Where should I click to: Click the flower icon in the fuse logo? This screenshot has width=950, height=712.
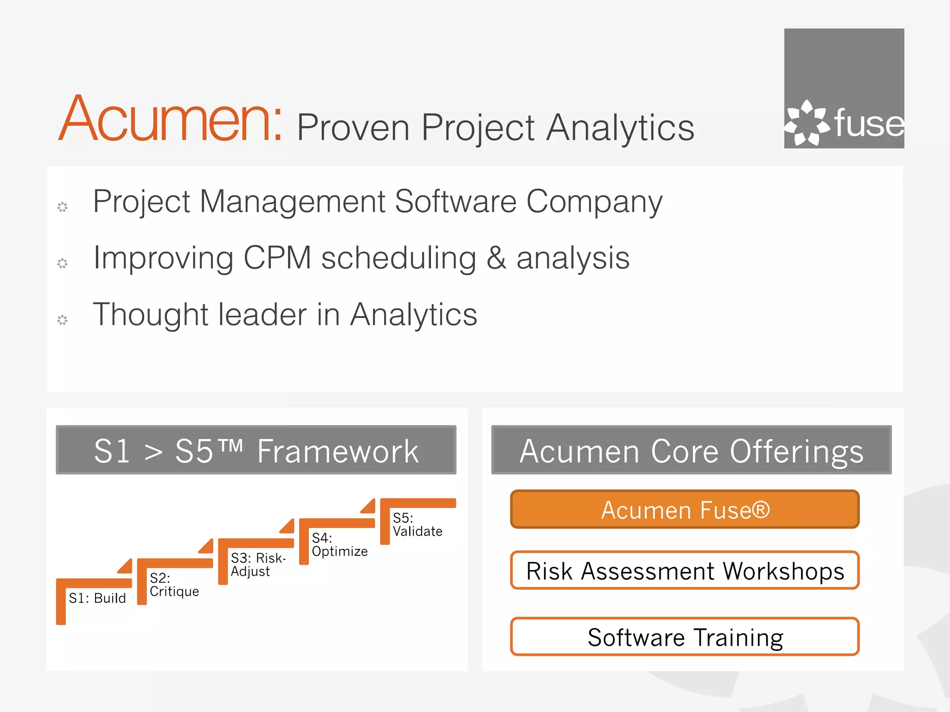(x=807, y=123)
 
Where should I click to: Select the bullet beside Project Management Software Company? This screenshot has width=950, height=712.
(x=62, y=207)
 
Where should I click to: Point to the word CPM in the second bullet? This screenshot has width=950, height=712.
(x=277, y=258)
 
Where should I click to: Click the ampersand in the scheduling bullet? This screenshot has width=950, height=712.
(x=496, y=259)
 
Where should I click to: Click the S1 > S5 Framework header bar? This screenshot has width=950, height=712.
(x=256, y=450)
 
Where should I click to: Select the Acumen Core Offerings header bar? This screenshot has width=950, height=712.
(x=691, y=450)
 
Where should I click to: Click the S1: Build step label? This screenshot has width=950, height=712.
(x=97, y=598)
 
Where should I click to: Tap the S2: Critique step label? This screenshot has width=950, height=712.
(x=174, y=585)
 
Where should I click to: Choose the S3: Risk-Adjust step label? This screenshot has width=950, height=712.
(x=258, y=565)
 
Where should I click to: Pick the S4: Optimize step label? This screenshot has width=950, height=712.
(x=339, y=545)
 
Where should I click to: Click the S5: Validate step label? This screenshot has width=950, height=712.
(x=417, y=525)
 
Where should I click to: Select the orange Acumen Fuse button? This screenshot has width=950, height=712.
(x=685, y=509)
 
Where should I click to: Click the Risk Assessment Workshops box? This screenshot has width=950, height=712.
(x=685, y=571)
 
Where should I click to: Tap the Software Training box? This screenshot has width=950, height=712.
(x=685, y=637)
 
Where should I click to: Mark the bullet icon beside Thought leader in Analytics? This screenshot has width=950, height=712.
(x=62, y=320)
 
